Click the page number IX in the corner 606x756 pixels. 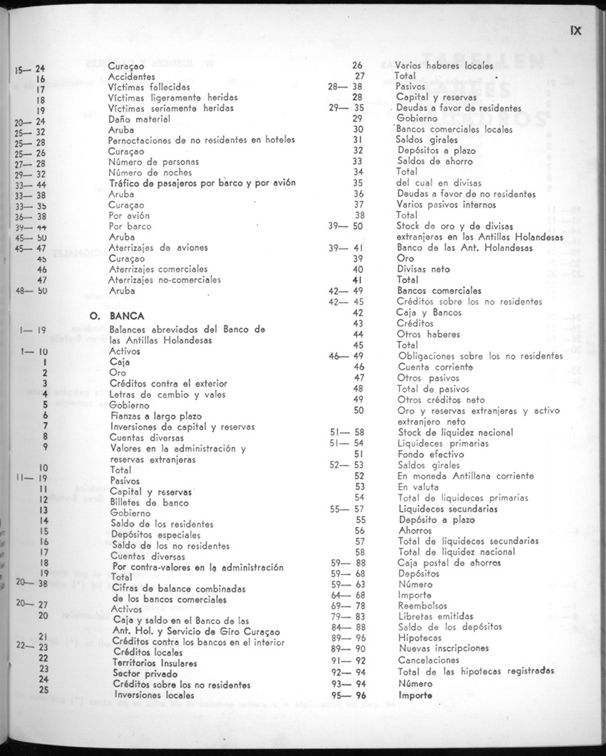point(576,31)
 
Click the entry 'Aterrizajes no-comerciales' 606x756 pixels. point(165,280)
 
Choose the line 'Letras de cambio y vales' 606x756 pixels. point(168,394)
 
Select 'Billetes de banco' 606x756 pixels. point(149,502)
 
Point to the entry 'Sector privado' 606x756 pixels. point(145,673)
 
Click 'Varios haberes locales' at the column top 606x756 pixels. point(443,65)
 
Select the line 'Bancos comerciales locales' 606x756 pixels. point(454,129)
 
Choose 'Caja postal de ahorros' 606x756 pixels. point(449,563)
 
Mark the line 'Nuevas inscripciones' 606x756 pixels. point(443,648)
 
